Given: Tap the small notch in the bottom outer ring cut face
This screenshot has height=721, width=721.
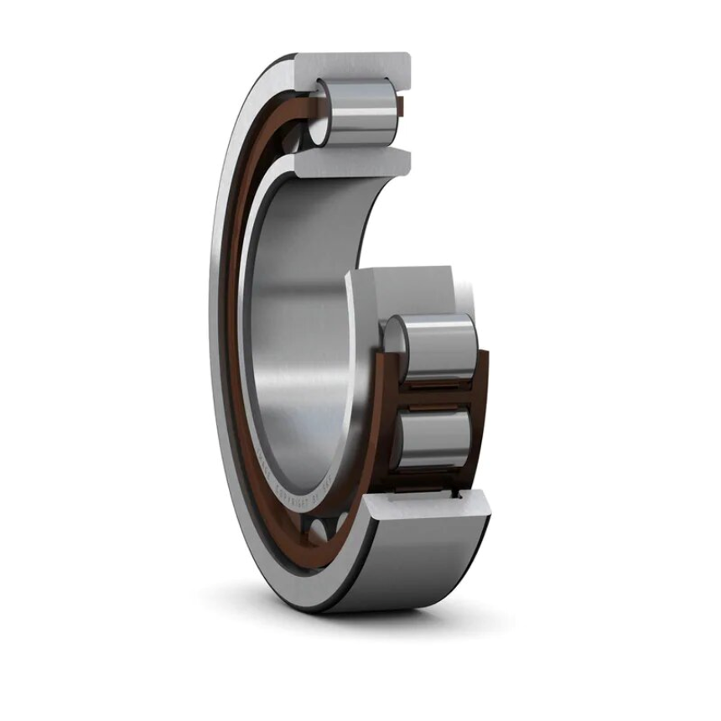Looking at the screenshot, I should point(458,496).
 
